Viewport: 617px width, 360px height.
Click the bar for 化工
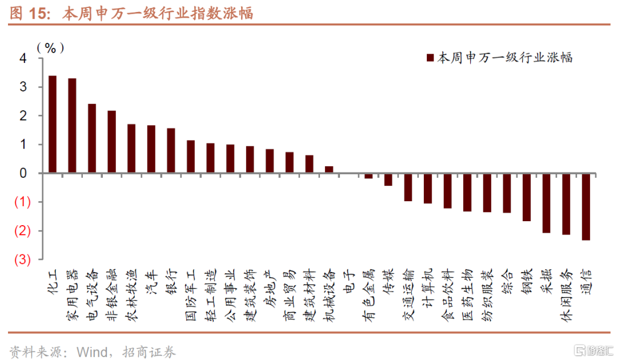pyautogui.click(x=53, y=124)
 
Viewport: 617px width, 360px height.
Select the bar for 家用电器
pyautogui.click(x=72, y=126)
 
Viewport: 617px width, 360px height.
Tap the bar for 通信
pyautogui.click(x=586, y=206)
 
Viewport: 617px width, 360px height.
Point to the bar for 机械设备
pyautogui.click(x=329, y=170)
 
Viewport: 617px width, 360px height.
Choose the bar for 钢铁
pyautogui.click(x=527, y=197)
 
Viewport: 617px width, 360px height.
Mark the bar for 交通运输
pyautogui.click(x=408, y=187)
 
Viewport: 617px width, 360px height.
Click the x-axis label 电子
pyautogui.click(x=348, y=281)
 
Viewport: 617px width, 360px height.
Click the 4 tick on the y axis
pyautogui.click(x=23, y=58)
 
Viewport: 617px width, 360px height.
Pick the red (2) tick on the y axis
pyautogui.click(x=22, y=231)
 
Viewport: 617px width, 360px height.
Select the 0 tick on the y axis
pyautogui.click(x=23, y=173)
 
